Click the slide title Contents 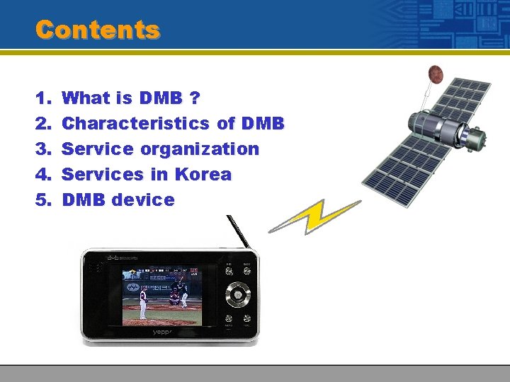[x=98, y=30]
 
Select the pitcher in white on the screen [x=143, y=304]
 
